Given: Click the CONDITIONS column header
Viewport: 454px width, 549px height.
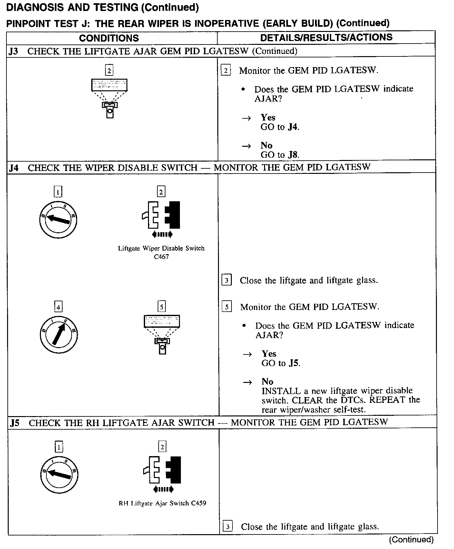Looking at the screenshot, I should tap(109, 38).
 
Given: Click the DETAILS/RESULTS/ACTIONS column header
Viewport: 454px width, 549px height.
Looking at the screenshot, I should tap(326, 37).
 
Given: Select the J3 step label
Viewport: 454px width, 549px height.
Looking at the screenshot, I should tap(13, 51).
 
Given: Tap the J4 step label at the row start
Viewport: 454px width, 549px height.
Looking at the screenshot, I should tap(14, 168).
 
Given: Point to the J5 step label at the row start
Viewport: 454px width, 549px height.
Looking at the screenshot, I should tap(15, 423).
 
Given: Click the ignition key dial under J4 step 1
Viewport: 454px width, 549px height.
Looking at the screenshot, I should tap(58, 220).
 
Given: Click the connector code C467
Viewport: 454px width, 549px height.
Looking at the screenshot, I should tap(161, 257).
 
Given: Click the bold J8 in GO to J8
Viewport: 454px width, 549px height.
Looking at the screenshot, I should tap(293, 155).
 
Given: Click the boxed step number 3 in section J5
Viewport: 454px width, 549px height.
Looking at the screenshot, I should tap(228, 527).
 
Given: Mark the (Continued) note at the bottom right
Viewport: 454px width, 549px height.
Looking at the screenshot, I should tap(411, 540).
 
